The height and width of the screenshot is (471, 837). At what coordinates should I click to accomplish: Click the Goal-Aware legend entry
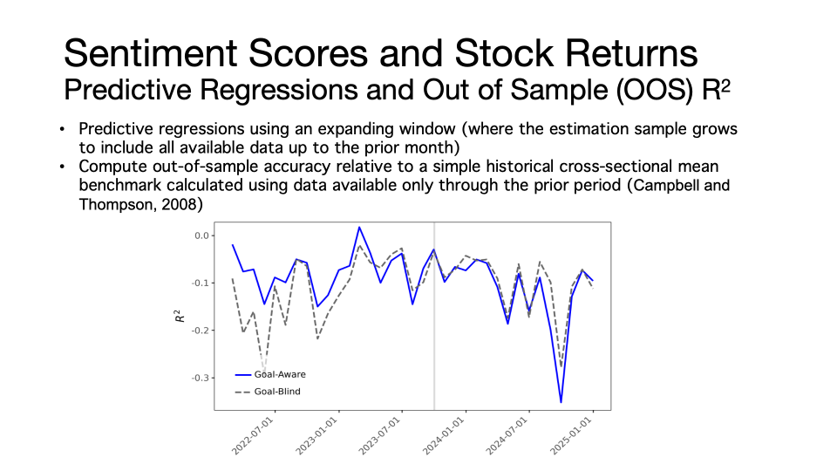(x=270, y=374)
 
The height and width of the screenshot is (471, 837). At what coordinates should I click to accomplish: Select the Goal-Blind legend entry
(x=268, y=392)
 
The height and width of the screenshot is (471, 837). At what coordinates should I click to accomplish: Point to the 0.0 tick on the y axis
(x=201, y=235)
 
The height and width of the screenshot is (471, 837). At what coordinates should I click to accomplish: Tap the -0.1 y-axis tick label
(x=201, y=283)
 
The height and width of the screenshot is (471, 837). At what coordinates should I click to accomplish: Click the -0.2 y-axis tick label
(x=201, y=331)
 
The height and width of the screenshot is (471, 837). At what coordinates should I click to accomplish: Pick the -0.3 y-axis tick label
(x=201, y=378)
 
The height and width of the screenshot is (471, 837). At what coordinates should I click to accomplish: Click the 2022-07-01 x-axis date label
(x=253, y=436)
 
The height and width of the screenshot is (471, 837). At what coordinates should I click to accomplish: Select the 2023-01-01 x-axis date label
(x=316, y=436)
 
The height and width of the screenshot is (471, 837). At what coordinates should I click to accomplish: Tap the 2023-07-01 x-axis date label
(x=379, y=436)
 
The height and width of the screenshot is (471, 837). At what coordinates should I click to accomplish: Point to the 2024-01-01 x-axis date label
(x=444, y=436)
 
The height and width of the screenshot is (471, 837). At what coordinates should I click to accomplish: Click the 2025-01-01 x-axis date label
(x=571, y=436)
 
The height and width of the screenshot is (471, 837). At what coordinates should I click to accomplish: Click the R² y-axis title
(x=180, y=316)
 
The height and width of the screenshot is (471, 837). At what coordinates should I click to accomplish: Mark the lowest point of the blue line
(x=561, y=402)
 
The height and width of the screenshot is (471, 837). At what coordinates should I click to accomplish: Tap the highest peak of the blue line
(x=359, y=227)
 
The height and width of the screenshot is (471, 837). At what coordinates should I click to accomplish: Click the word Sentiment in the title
(x=151, y=53)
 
